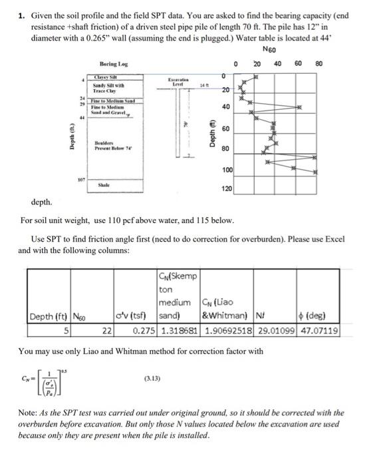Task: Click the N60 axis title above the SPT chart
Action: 271,51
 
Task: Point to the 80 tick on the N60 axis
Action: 318,64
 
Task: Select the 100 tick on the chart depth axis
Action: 227,171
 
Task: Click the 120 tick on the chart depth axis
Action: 227,190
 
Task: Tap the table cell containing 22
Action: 105,331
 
